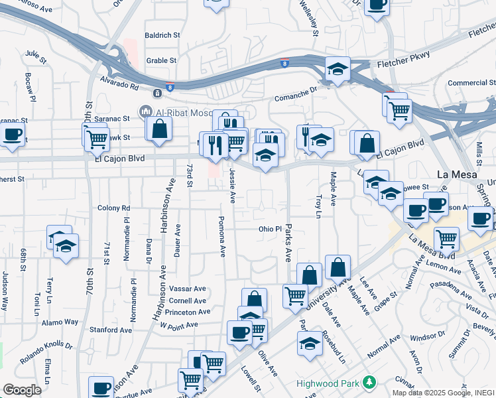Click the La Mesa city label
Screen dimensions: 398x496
point(458,174)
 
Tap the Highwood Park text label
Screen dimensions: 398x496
point(328,383)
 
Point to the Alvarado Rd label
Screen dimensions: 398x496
point(119,86)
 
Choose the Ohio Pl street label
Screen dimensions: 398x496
point(271,229)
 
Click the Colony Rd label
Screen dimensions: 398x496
point(113,208)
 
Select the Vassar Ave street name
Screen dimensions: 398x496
point(188,289)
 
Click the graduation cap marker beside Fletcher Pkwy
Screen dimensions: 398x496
point(338,68)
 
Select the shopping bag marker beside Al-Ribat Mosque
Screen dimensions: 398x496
point(160,129)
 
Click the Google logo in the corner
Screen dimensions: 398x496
point(22,390)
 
